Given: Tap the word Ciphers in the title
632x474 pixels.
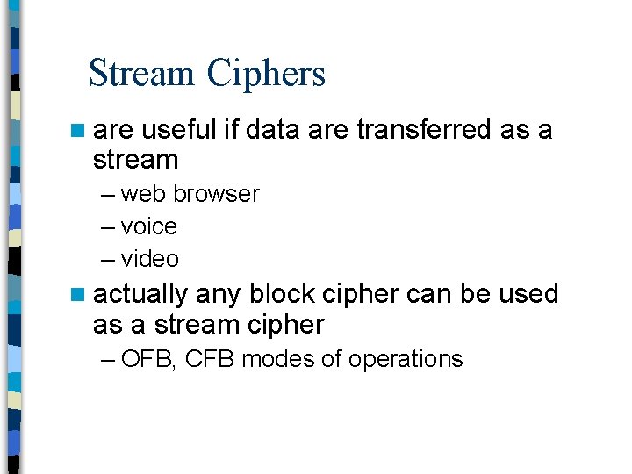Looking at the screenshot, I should click(x=266, y=75).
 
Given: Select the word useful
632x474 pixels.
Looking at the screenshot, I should click(x=178, y=130).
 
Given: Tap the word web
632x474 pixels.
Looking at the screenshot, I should click(x=144, y=194).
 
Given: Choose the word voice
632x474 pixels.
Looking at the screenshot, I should click(x=149, y=226).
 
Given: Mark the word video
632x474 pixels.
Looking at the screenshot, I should click(x=150, y=259).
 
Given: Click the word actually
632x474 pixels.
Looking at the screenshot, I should click(x=140, y=294).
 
